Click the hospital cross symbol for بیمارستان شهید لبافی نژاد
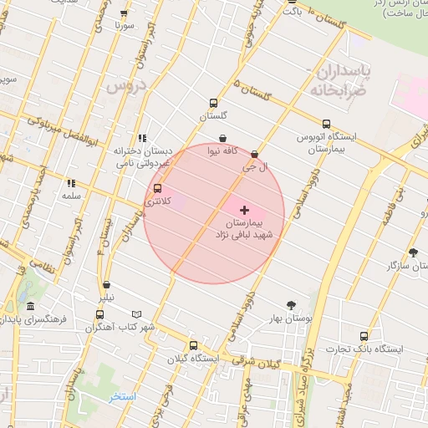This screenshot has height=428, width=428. (244, 209)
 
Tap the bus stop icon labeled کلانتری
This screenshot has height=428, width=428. (159, 188)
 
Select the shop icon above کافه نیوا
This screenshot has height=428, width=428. (222, 139)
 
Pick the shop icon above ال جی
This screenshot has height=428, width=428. (254, 154)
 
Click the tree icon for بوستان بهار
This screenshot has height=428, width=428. (291, 305)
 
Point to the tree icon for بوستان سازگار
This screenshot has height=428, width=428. (413, 252)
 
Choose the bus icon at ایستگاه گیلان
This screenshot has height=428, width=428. (194, 345)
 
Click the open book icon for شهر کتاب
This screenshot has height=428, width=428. (137, 313)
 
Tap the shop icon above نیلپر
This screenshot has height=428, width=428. (106, 284)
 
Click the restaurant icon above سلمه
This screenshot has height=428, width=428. (72, 182)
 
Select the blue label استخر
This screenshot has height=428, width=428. (121, 395)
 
